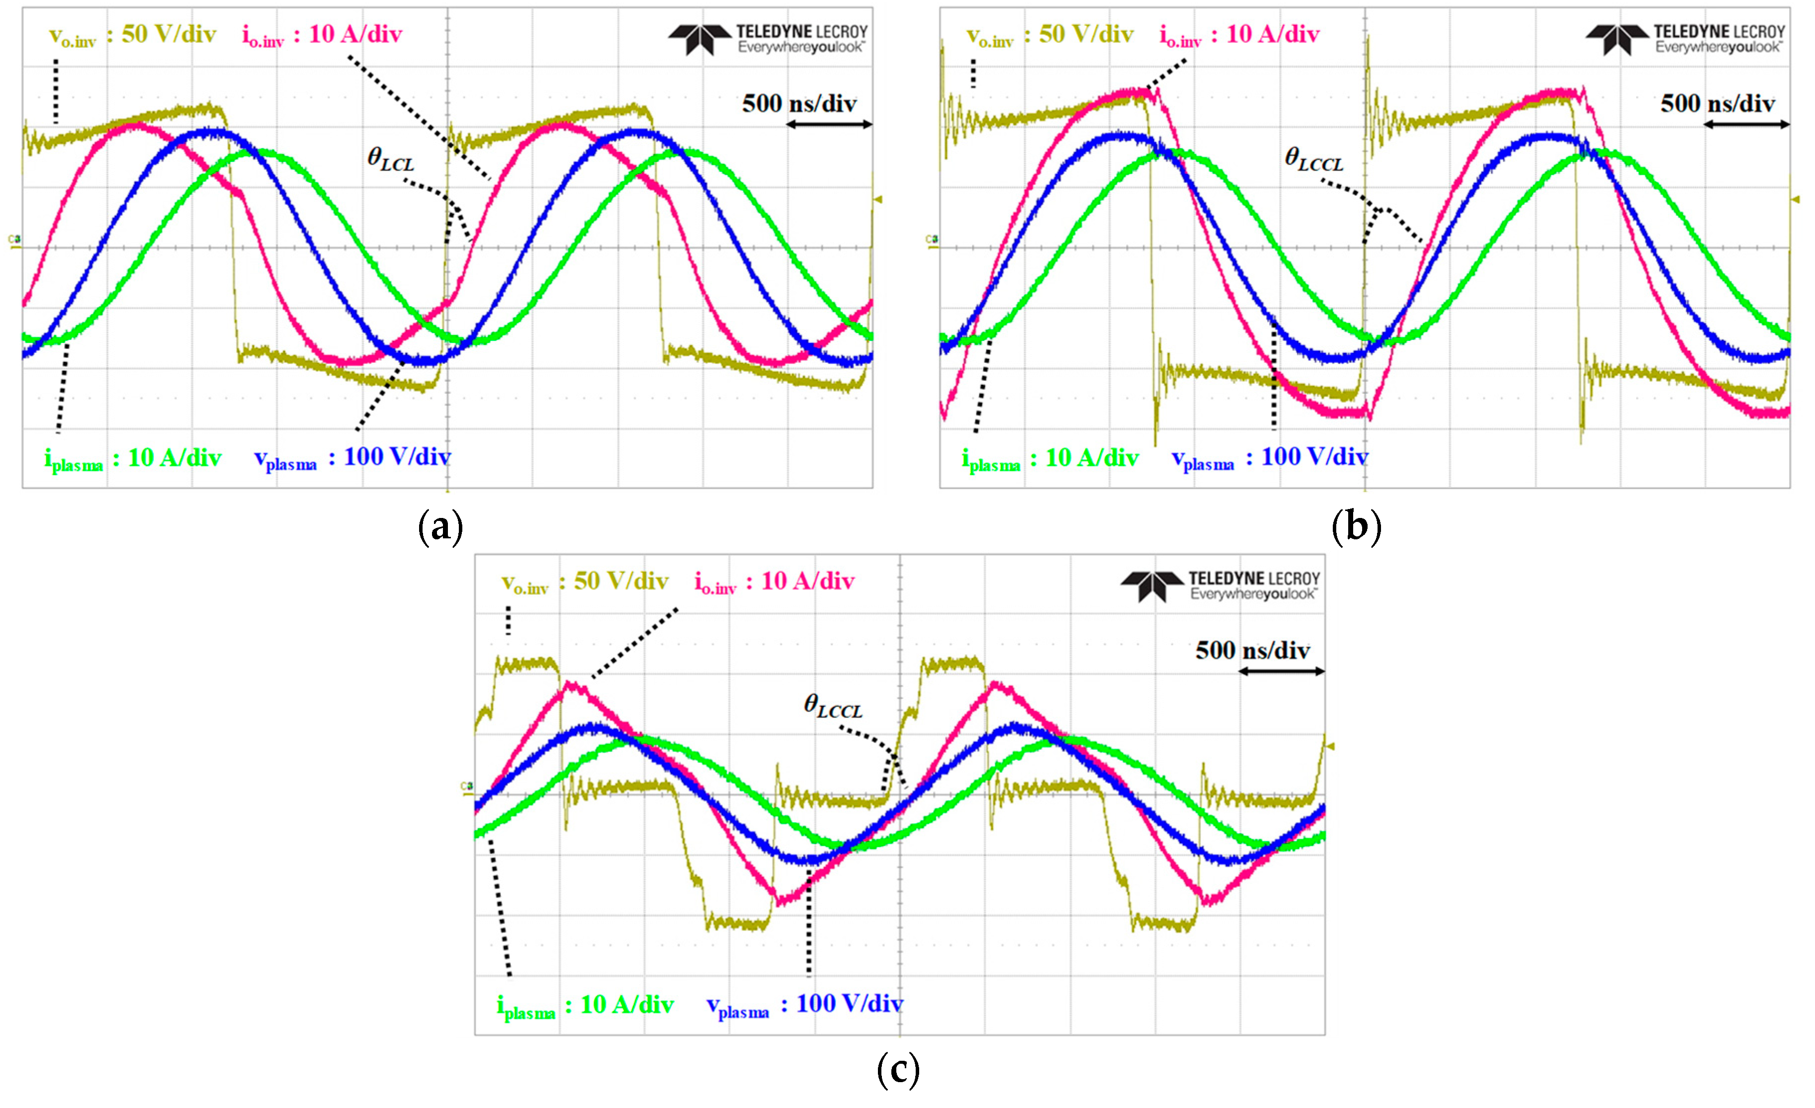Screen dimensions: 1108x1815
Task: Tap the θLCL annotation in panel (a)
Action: pos(390,159)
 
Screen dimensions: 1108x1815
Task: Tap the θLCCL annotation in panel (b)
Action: pos(1313,159)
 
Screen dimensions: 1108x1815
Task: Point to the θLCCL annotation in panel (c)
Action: pos(832,706)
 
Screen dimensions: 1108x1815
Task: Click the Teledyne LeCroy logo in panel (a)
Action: pos(768,39)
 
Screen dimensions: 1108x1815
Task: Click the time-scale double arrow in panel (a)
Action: pos(829,124)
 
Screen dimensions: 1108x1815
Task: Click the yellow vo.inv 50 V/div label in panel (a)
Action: pos(133,35)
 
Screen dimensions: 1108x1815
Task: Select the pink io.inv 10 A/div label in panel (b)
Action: pos(1240,35)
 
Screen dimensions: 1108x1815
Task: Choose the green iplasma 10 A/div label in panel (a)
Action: pos(133,459)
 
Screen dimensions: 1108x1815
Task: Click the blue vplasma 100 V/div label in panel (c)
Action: pos(804,1005)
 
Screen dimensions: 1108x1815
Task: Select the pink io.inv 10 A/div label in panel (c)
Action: pos(774,582)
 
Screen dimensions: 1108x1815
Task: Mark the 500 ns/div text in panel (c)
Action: pos(1252,651)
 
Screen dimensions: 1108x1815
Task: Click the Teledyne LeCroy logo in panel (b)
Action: pos(1685,39)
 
